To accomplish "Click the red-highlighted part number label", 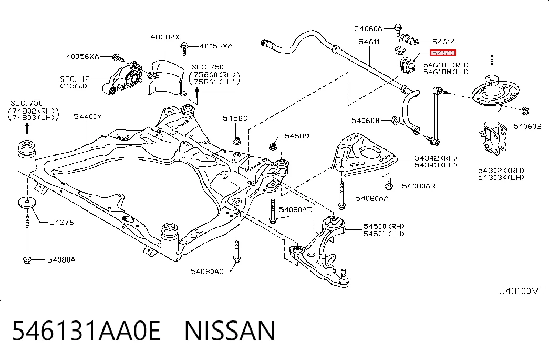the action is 443,53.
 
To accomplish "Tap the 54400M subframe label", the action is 88,116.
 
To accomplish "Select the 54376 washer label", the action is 61,222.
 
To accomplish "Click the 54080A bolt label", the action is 61,259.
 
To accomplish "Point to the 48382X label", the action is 165,37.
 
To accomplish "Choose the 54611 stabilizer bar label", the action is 369,42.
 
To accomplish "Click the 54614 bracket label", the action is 443,42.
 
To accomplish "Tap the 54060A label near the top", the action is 368,28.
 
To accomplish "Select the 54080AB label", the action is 418,186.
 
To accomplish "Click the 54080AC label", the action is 207,271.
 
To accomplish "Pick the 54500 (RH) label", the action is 384,227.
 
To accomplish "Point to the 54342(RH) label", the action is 436,158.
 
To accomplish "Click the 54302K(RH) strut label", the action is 501,171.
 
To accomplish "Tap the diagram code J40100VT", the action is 522,291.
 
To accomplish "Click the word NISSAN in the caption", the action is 230,330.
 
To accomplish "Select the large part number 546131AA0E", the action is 87,330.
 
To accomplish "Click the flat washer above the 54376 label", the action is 27,203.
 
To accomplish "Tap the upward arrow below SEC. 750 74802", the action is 27,128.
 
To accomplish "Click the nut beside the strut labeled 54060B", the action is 525,111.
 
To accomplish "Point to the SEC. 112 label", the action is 75,79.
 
